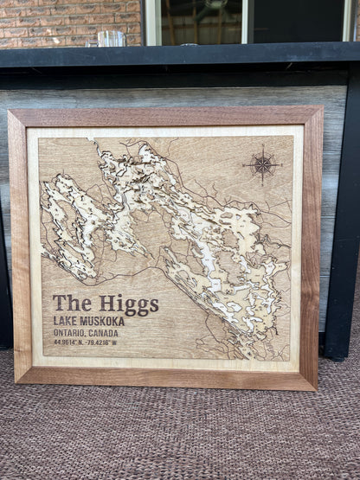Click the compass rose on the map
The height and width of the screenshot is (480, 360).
click(262, 163)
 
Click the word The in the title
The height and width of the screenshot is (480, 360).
click(73, 303)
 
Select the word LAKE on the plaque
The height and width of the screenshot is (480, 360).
click(67, 321)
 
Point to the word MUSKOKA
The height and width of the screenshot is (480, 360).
click(103, 321)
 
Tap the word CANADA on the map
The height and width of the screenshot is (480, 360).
click(103, 332)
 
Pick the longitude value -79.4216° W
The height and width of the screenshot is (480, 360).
click(100, 342)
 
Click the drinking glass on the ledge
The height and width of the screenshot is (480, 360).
click(111, 38)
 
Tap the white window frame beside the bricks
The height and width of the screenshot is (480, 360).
click(151, 22)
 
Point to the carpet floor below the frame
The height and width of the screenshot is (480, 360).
click(173, 432)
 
